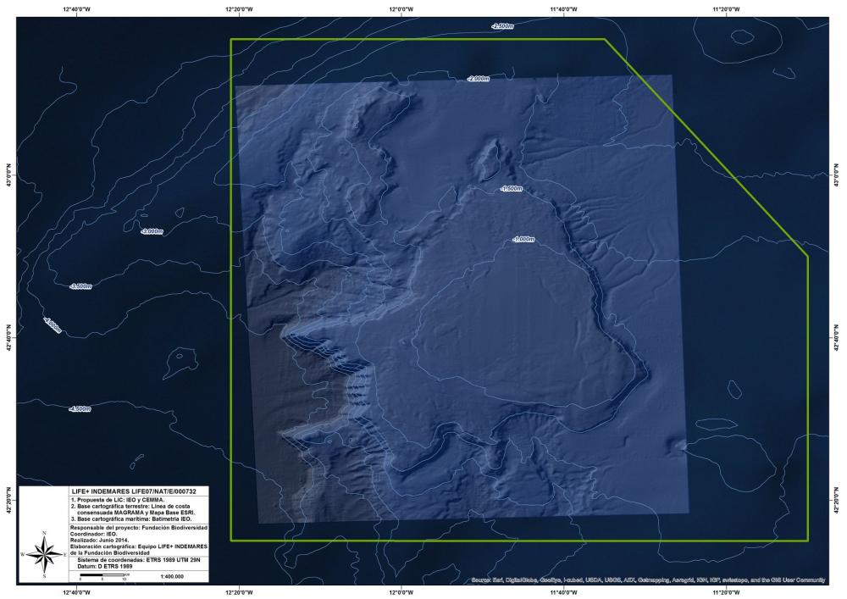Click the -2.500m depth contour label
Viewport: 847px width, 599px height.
[x=502, y=26]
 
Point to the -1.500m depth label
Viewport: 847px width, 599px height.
[x=511, y=188]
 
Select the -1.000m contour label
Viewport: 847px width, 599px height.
[x=523, y=239]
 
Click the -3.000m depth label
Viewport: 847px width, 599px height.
[x=152, y=231]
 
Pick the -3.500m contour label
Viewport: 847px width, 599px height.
[x=80, y=286]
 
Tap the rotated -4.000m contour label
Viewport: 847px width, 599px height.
[x=52, y=325]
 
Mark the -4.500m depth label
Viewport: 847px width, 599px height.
[x=80, y=409]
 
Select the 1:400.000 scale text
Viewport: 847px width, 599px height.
[x=172, y=576]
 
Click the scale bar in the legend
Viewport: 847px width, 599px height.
[x=102, y=576]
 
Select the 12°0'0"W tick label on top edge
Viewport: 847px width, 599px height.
[x=401, y=9]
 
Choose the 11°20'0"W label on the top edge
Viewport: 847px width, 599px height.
[x=724, y=9]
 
